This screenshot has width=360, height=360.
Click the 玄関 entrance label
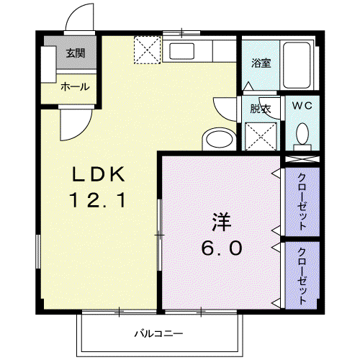click(x=76, y=53)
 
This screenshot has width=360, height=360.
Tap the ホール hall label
click(x=75, y=86)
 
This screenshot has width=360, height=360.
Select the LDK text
click(x=99, y=174)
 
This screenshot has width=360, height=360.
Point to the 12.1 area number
click(x=97, y=201)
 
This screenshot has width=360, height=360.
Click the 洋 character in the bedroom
click(x=221, y=222)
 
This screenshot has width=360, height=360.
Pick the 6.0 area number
click(x=222, y=248)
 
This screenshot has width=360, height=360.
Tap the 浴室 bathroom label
click(x=261, y=63)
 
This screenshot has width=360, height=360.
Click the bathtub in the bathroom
click(x=297, y=65)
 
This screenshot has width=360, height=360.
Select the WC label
click(x=302, y=105)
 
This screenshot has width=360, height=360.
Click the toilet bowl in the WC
click(x=302, y=134)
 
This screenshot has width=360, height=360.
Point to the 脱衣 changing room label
click(x=261, y=109)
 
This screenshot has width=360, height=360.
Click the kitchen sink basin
click(x=181, y=51)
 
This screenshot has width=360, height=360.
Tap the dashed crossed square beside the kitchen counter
click(x=147, y=50)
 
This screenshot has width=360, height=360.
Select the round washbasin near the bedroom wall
click(x=220, y=140)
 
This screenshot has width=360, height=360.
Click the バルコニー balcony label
click(x=158, y=333)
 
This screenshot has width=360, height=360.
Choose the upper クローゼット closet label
click(x=302, y=202)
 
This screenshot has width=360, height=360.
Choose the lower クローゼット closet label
click(x=302, y=276)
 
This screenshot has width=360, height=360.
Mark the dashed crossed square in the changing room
click(x=261, y=137)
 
